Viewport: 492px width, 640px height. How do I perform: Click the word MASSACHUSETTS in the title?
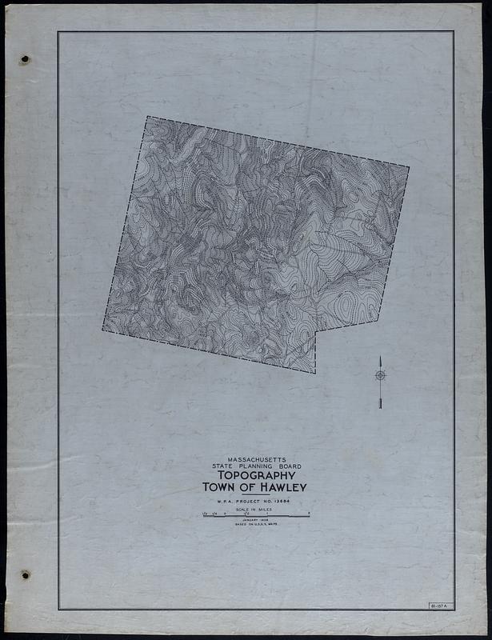256,459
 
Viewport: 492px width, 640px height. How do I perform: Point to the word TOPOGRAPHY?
256,475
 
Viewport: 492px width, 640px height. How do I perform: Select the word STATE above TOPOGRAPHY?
223,466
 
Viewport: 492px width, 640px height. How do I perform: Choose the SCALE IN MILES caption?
256,510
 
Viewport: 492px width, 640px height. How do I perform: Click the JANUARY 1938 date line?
256,521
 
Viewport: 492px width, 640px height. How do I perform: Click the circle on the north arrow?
380,375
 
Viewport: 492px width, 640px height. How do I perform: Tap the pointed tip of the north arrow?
380,357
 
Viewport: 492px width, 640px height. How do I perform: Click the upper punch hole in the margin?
25,59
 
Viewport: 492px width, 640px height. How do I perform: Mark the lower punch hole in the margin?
25,574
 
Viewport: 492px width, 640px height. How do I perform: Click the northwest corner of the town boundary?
146,117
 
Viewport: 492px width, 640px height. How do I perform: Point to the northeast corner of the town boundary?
409,167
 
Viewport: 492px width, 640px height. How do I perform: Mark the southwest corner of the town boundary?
102,330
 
